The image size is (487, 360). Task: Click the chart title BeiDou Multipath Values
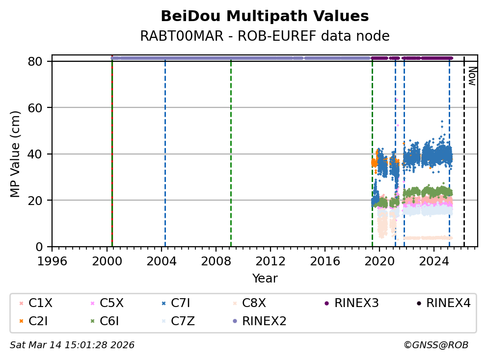pos(265,16)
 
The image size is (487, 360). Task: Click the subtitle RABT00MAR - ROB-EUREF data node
pos(265,36)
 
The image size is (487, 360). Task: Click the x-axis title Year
pos(265,279)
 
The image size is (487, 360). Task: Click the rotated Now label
pos(472,76)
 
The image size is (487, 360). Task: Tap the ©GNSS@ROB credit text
pos(436,345)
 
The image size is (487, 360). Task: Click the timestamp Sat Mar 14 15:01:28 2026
pos(72,345)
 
